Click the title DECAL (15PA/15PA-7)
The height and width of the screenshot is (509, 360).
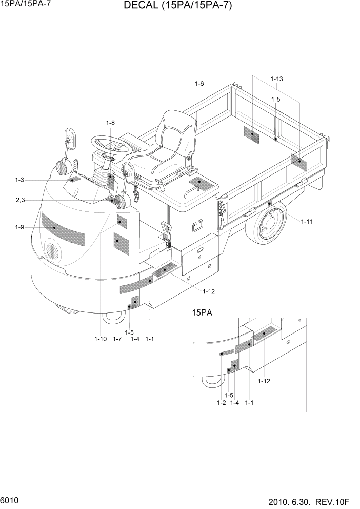click(x=177, y=7)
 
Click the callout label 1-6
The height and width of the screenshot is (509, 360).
click(x=199, y=84)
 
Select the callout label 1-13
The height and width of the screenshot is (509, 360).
click(x=276, y=79)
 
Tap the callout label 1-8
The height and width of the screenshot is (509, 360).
click(x=110, y=123)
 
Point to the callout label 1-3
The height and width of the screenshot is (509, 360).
click(x=19, y=180)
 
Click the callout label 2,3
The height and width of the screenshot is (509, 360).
click(x=20, y=200)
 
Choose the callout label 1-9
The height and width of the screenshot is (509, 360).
click(x=19, y=227)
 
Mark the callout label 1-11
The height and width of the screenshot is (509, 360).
click(x=307, y=221)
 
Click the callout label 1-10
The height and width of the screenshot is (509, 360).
click(x=101, y=339)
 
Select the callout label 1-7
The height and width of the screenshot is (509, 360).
click(x=117, y=339)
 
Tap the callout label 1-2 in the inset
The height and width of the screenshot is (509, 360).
click(x=221, y=403)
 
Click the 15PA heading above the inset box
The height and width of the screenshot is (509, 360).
click(x=202, y=312)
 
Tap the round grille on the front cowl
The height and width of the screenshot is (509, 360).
click(x=53, y=251)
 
